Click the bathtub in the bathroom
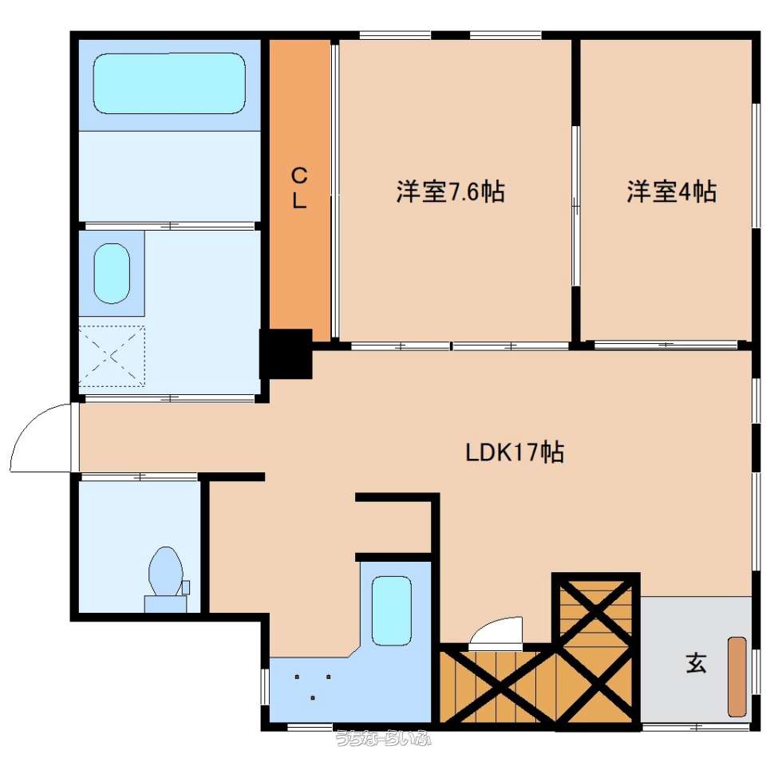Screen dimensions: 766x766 [x=169, y=83]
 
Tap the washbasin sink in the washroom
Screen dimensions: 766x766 [x=112, y=274]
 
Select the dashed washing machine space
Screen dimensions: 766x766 [x=112, y=356]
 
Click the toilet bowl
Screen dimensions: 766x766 [x=166, y=571]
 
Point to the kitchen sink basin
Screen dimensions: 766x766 [x=391, y=610]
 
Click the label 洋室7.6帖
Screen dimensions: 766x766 [x=450, y=191]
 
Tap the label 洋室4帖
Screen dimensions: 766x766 [x=672, y=191]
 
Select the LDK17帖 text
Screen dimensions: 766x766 [x=515, y=452]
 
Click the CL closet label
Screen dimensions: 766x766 [x=299, y=188]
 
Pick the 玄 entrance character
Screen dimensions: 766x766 [x=696, y=663]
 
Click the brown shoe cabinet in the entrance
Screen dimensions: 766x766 [x=737, y=677]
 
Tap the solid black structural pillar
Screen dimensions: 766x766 [x=286, y=353]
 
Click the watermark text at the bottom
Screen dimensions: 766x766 [x=384, y=738]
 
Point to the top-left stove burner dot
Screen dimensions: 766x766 [x=297, y=677]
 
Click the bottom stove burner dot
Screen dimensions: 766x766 [x=312, y=697]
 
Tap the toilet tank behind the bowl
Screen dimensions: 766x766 [x=166, y=604]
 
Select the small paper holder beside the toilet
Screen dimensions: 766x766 [x=186, y=587]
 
